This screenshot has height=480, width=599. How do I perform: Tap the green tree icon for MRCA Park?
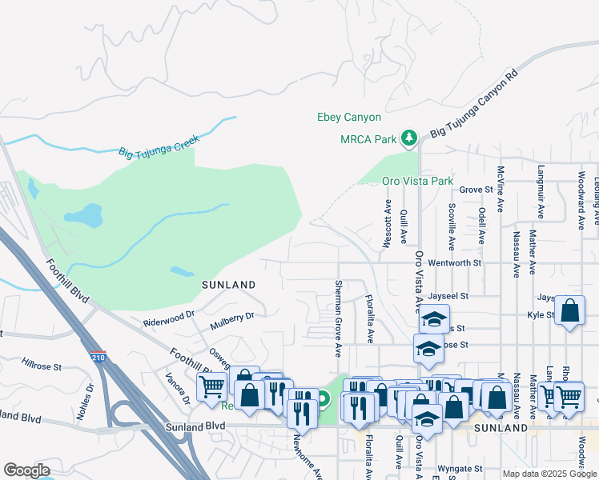click(x=409, y=138)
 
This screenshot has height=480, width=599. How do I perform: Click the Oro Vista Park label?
click(x=417, y=182)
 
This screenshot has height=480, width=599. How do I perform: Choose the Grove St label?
click(x=474, y=190)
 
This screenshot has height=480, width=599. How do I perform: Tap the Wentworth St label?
click(x=454, y=262)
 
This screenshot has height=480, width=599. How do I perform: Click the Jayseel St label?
click(x=447, y=296)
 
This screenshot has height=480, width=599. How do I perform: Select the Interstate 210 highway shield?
click(x=98, y=354)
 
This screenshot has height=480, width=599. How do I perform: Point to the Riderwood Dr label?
click(x=169, y=318)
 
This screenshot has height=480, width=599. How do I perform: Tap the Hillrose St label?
click(x=42, y=366)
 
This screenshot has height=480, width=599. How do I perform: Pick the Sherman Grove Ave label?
click(x=339, y=318)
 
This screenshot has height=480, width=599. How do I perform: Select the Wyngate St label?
click(x=460, y=469)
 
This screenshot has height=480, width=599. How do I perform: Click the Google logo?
click(x=26, y=470)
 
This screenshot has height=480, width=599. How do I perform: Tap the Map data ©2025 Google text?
click(x=549, y=474)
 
